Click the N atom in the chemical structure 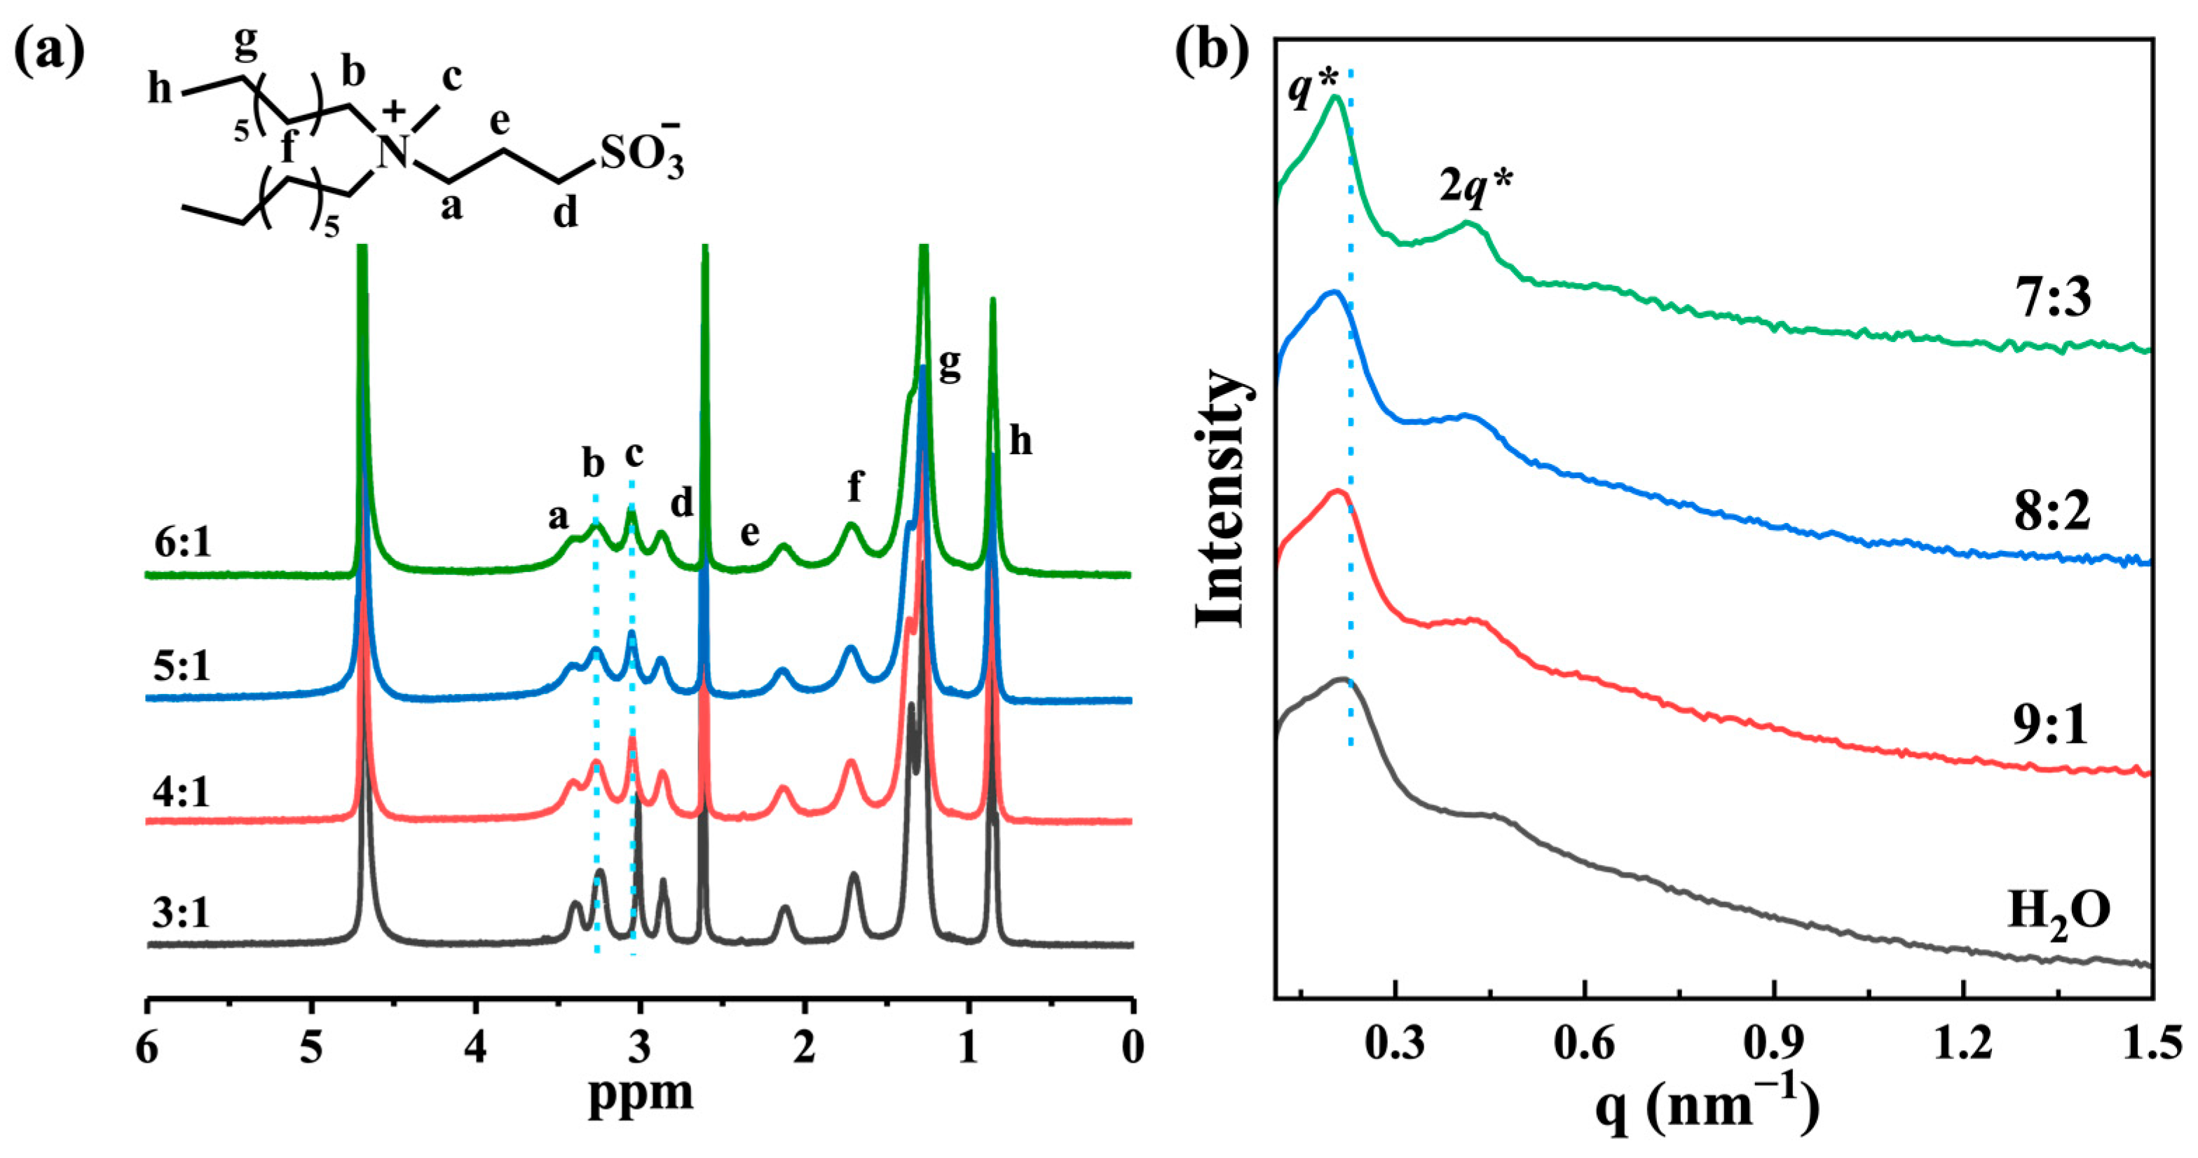tap(394, 154)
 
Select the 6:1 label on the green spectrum tap(183, 543)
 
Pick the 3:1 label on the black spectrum tap(181, 913)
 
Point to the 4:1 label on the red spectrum tap(182, 792)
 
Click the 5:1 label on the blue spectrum tap(182, 667)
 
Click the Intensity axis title tap(1222, 499)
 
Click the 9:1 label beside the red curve tap(2052, 727)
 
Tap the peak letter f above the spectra tap(854, 487)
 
